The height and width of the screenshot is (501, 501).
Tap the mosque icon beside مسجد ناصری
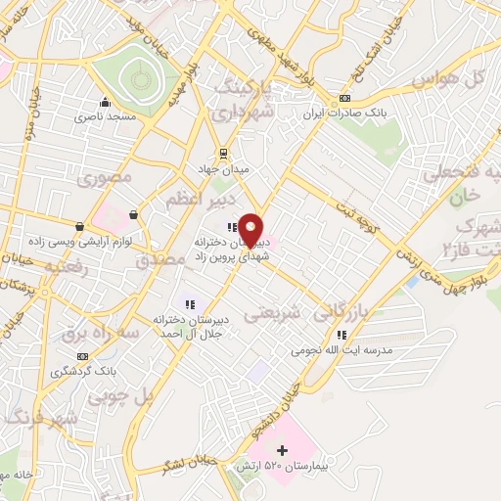105,102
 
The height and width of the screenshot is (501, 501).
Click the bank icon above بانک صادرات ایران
344,99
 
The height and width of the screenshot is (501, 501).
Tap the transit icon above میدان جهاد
223,153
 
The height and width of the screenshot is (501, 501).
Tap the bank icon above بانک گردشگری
82,357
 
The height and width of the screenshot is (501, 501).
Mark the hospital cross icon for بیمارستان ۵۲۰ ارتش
283,451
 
